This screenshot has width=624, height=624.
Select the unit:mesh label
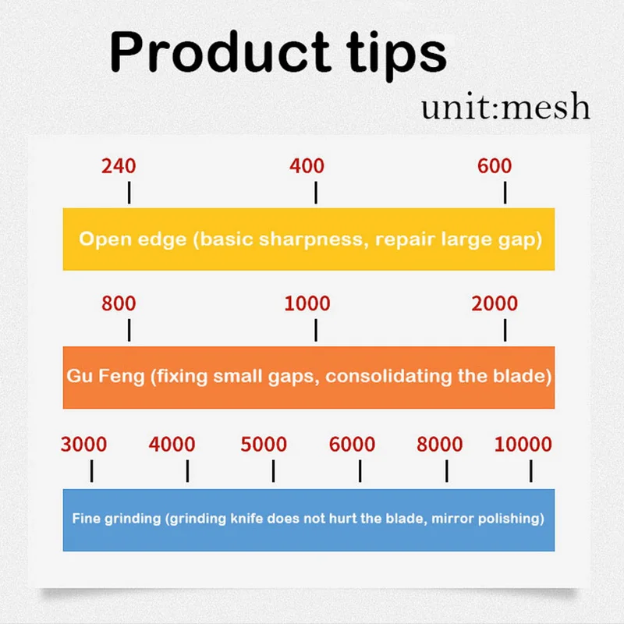[505, 108]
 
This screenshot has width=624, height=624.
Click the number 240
[119, 166]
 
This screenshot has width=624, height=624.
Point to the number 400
[307, 166]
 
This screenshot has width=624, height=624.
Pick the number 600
[495, 166]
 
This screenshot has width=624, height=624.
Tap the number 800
[119, 303]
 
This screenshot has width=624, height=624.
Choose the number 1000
[307, 303]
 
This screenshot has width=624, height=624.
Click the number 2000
[495, 303]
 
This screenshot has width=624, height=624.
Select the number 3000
[83, 445]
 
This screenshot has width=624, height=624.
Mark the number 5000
[264, 445]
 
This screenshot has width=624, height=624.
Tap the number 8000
[439, 445]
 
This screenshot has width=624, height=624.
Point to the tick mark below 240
[129, 193]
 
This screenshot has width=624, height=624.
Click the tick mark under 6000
[360, 471]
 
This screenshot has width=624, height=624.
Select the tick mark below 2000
[505, 330]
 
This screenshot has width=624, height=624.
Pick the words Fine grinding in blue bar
[115, 518]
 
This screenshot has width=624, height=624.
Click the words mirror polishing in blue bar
[499, 518]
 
